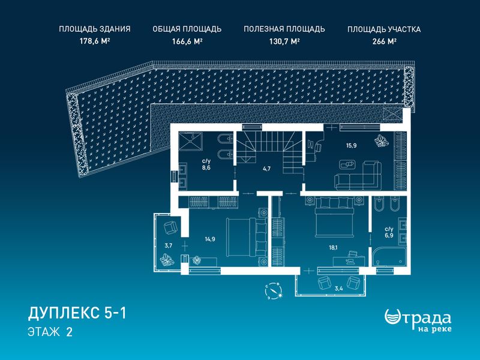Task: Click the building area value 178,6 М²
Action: coord(95,41)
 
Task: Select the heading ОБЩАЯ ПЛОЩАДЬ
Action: coord(187,29)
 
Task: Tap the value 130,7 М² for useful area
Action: coord(284,41)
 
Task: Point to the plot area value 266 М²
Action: coord(385,41)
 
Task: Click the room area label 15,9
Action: coord(351,146)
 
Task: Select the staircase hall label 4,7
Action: coord(266,169)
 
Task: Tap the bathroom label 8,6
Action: coord(206,168)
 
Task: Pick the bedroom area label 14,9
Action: coord(209,239)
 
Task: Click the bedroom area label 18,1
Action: coord(334,248)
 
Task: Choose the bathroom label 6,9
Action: coord(389,236)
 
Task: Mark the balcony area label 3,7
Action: coord(169,245)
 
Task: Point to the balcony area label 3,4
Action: coord(338,288)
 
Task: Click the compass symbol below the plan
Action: coord(274,291)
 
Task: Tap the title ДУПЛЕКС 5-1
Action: coord(77,313)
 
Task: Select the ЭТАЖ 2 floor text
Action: coord(50,332)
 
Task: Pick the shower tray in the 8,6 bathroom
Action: coord(190,142)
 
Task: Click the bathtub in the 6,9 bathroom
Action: coord(389,257)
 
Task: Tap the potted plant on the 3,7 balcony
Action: coord(167,260)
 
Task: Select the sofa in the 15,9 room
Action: coord(358,176)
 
